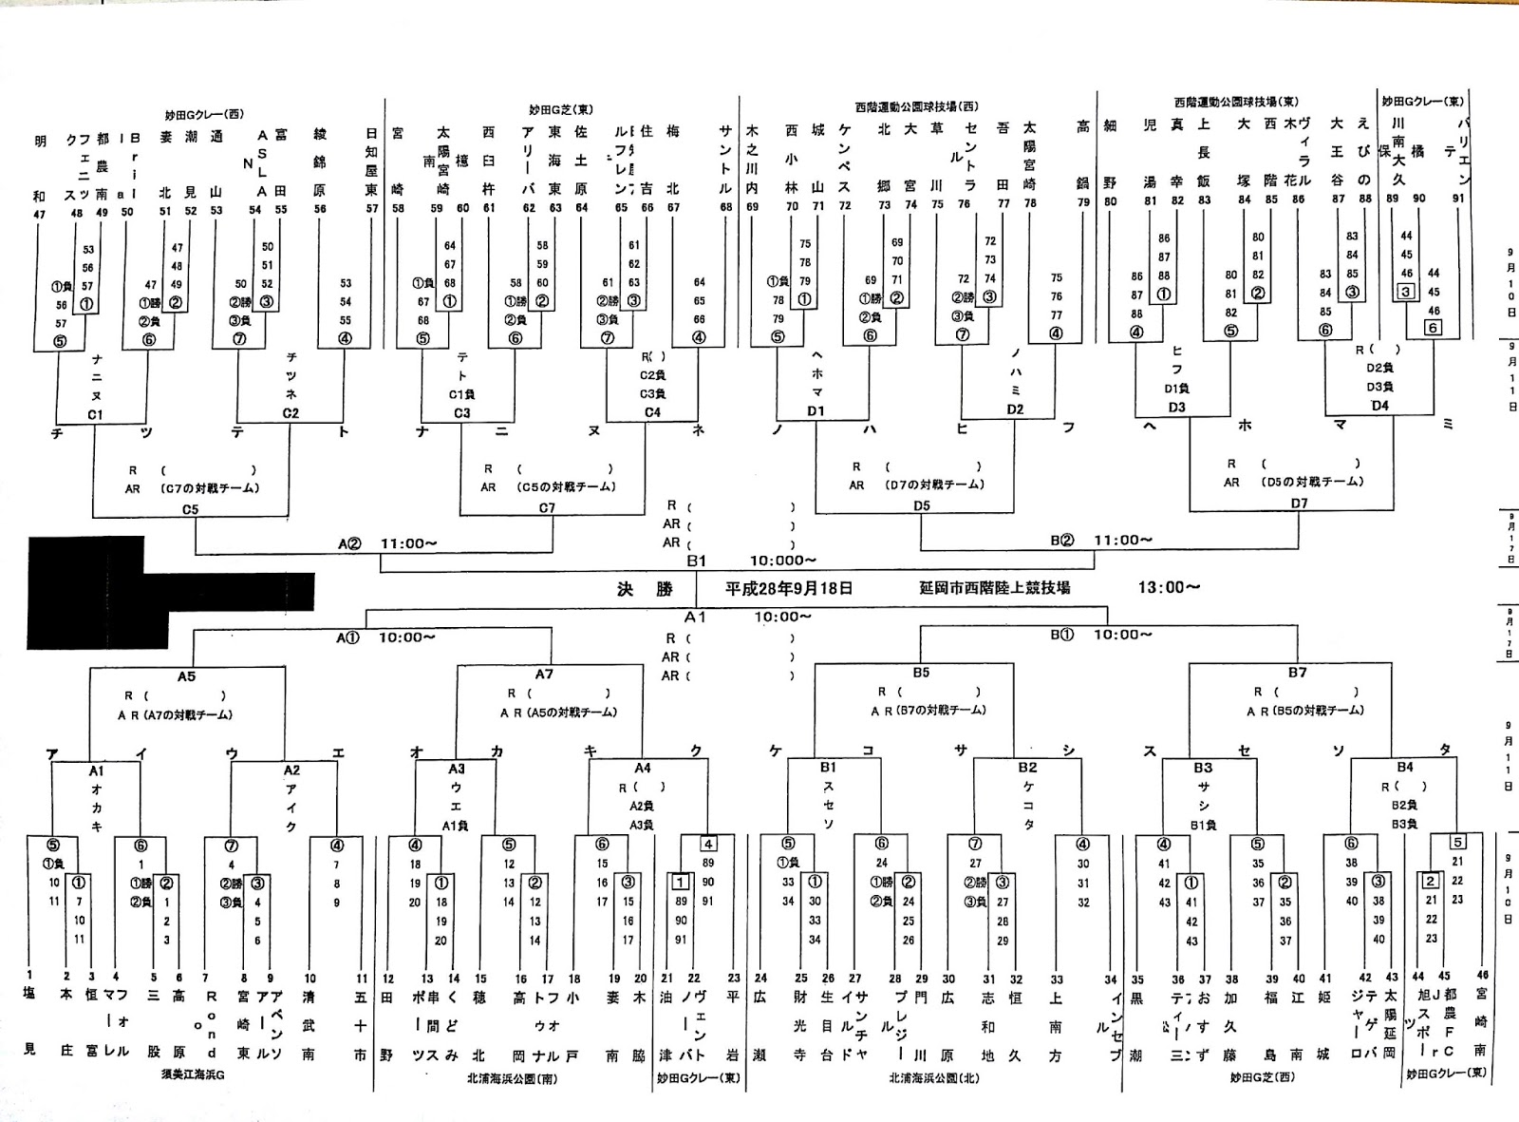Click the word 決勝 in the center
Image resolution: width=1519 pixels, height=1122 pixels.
pyautogui.click(x=645, y=589)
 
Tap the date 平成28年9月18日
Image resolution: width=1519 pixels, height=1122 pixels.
pyautogui.click(x=788, y=588)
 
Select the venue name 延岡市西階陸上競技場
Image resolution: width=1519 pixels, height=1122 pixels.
pyautogui.click(x=994, y=587)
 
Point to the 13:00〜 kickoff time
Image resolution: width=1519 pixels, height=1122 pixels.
pyautogui.click(x=1169, y=587)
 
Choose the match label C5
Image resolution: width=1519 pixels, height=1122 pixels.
pyautogui.click(x=191, y=509)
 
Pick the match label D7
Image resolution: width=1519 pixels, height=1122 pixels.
pyautogui.click(x=1299, y=504)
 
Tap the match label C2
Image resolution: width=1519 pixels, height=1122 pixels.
pyautogui.click(x=291, y=413)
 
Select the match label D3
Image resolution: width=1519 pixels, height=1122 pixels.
pyautogui.click(x=1176, y=408)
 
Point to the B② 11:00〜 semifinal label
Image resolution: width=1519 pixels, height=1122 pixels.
pyautogui.click(x=1101, y=541)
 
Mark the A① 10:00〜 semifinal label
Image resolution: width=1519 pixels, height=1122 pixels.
pyautogui.click(x=385, y=637)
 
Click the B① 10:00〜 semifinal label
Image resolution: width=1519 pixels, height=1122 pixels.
pyautogui.click(x=1101, y=635)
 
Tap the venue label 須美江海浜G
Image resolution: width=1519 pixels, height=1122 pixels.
pyautogui.click(x=193, y=1076)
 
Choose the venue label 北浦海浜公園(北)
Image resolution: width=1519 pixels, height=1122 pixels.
pyautogui.click(x=933, y=1078)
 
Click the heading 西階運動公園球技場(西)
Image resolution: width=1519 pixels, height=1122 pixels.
pyautogui.click(x=916, y=106)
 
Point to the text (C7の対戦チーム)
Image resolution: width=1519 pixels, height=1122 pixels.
pyautogui.click(x=210, y=488)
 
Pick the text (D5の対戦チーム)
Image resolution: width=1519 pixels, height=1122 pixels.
pyautogui.click(x=1314, y=482)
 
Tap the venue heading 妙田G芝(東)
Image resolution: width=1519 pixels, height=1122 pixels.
pyautogui.click(x=561, y=110)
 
